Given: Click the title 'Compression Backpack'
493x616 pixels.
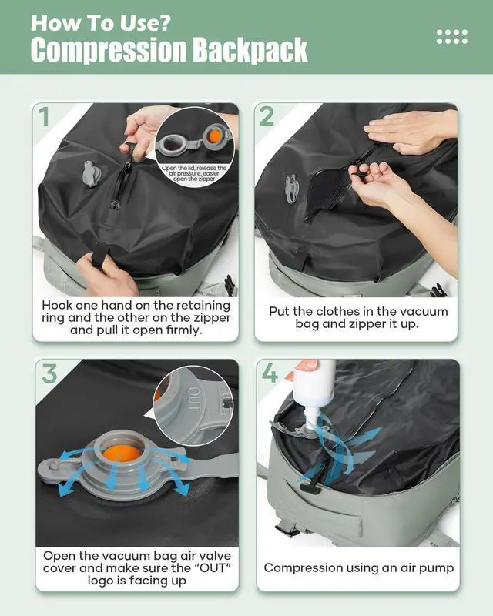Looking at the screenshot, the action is (169, 50).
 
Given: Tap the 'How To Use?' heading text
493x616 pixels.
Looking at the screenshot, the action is (101, 23).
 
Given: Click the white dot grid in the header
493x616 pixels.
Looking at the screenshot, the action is (452, 36).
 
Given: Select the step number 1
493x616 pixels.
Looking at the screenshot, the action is (44, 116).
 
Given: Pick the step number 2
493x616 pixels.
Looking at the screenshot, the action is (267, 116).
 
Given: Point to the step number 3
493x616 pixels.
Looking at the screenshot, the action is (49, 373).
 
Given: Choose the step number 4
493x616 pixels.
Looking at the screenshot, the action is (270, 373).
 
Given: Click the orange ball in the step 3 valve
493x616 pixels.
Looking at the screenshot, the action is (122, 454).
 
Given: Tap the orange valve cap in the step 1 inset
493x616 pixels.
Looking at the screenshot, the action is (215, 136).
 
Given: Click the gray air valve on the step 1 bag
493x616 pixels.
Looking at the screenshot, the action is (91, 174).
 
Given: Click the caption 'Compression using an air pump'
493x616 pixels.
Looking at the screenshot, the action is (358, 567).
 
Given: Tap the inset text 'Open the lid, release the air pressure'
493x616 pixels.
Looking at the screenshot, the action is (194, 170).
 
